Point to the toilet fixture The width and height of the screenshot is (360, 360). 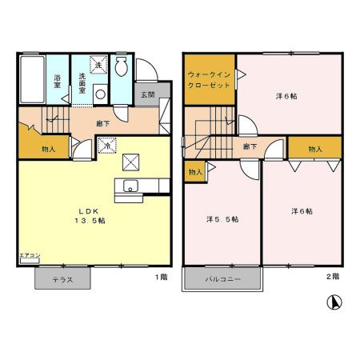pos(122,68)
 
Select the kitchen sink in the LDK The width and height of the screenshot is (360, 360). pos(129,188)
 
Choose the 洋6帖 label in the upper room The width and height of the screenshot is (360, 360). pos(286,96)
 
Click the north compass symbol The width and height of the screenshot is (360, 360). pos(334,303)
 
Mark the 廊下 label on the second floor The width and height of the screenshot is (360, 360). pos(250,146)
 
